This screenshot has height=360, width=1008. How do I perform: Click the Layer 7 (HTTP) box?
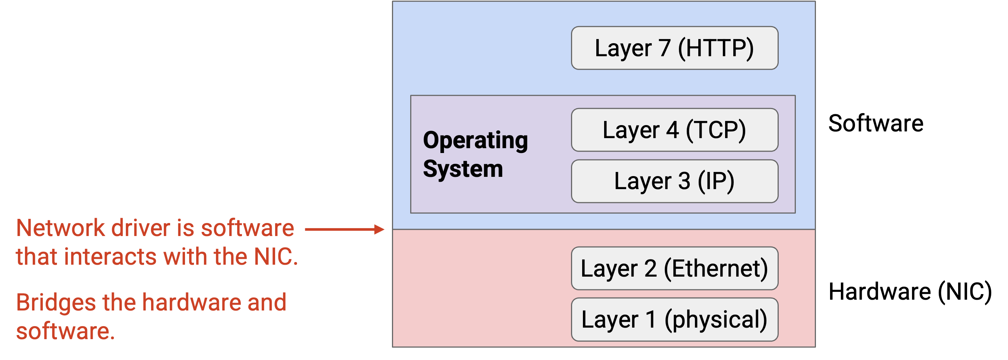pos(674,48)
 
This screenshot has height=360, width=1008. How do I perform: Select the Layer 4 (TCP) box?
pos(674,130)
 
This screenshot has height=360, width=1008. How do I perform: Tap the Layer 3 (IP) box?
pos(674,181)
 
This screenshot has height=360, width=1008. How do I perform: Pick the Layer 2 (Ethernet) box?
pos(674,268)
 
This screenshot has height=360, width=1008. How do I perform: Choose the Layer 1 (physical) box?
pos(674,320)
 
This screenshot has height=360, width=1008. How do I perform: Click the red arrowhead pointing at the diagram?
pos(379,230)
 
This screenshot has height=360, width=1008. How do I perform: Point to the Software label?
pos(876,123)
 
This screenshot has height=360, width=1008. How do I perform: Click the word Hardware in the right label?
pos(880,292)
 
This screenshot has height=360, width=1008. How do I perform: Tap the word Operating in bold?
pos(475,141)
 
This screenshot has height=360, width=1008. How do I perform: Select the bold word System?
pos(463,169)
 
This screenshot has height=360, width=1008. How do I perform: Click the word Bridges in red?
pos(56,303)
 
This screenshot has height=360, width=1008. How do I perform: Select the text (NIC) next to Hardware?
pos(965,292)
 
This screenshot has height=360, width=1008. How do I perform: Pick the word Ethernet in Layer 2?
pos(716,269)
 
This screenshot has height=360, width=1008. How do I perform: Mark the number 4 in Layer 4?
pos(672,130)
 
